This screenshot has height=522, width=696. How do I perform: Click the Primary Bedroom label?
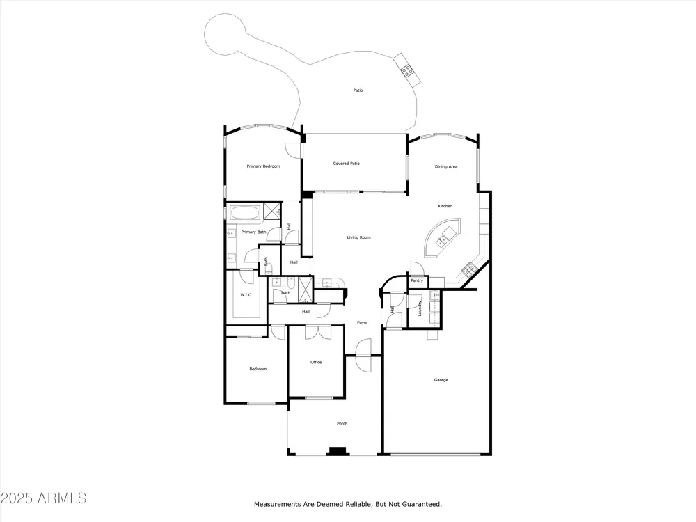[263, 166]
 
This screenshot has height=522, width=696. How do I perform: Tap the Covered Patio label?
[346, 164]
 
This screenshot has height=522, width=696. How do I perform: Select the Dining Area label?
[445, 167]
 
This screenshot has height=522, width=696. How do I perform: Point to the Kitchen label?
[445, 206]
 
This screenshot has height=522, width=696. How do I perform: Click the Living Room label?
[358, 237]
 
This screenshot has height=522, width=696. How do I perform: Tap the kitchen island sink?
[442, 240]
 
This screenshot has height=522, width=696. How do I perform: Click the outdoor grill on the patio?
[407, 70]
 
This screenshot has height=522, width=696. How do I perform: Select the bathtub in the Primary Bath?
[245, 212]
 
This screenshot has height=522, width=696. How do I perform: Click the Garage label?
[441, 380]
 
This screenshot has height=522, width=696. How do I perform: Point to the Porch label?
[342, 423]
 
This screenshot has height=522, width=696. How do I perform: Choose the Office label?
[316, 362]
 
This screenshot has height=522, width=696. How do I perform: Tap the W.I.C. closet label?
[246, 294]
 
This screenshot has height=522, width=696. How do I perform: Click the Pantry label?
[417, 280]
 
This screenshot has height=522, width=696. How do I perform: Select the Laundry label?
[420, 308]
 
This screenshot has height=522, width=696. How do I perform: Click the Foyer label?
[362, 323]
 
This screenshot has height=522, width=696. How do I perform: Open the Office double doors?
[318, 332]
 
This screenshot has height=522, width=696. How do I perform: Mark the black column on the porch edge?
[337, 451]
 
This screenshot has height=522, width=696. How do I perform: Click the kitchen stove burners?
[469, 268]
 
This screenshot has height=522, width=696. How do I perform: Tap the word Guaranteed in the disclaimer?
[420, 504]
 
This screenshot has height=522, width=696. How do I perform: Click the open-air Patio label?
[358, 90]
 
